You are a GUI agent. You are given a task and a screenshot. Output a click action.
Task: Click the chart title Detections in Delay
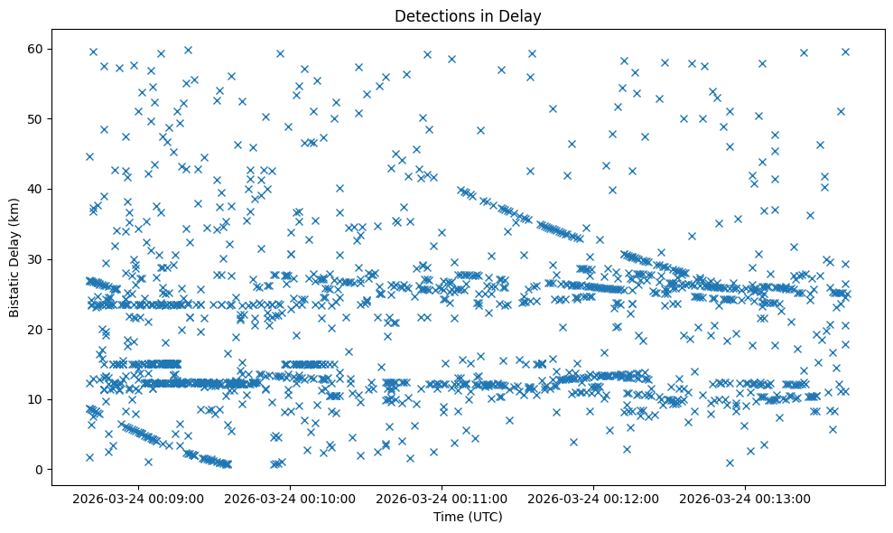468,15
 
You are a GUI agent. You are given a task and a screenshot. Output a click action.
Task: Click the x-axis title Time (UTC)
468,517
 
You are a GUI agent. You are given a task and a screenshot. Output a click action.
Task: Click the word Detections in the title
430,15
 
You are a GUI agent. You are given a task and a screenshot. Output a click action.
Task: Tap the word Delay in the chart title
523,15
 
